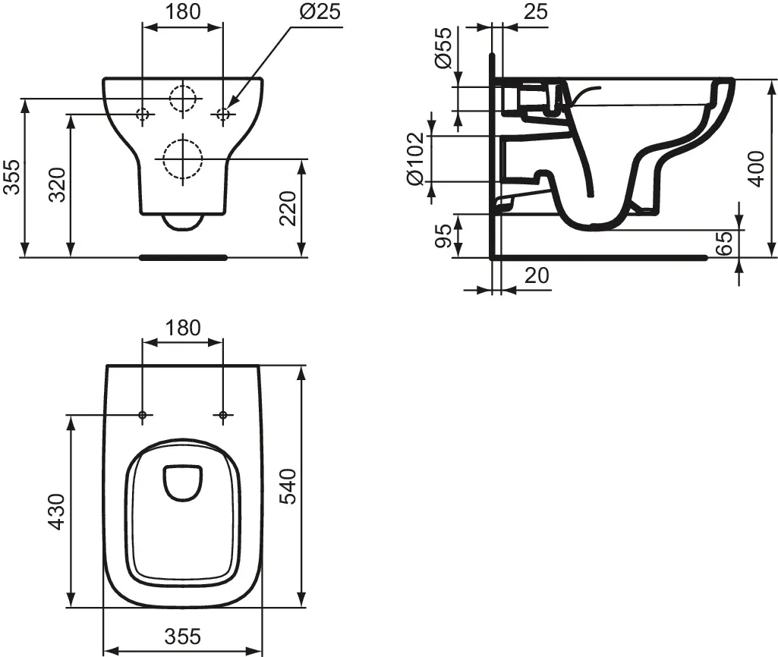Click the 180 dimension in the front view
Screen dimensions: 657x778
[x=183, y=11]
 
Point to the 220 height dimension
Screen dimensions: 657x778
[x=288, y=208]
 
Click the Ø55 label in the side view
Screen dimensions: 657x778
[x=444, y=48]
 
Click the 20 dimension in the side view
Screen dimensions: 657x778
[x=537, y=275]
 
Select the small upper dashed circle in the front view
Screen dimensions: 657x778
[x=183, y=98]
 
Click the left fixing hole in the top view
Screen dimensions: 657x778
[x=143, y=415]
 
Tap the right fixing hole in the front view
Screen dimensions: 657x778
[x=222, y=115]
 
